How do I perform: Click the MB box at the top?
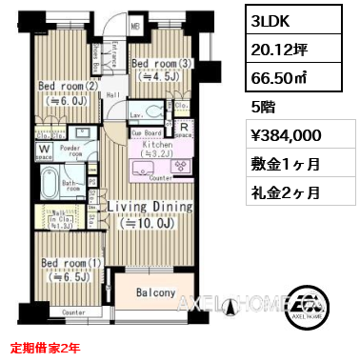[x=135, y=27]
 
